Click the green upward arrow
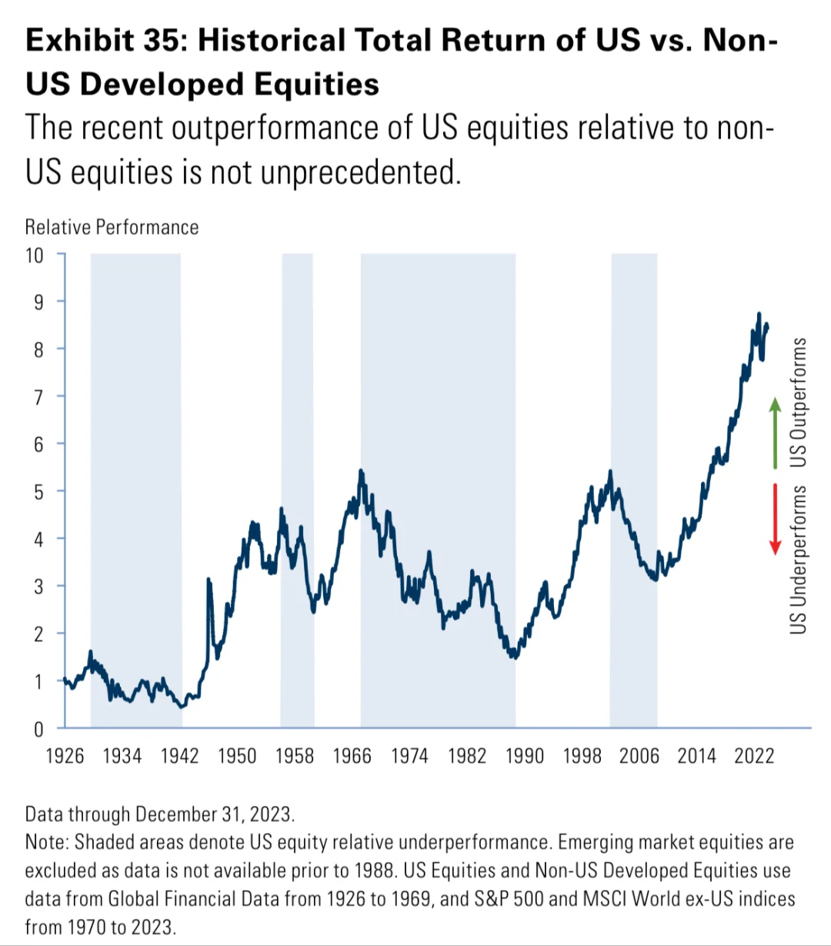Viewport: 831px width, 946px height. pos(776,433)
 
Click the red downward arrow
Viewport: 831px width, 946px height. pos(776,519)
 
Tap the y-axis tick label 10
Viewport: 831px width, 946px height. pos(35,255)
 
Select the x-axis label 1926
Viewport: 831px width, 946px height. pos(65,756)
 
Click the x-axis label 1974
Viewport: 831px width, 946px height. pos(409,756)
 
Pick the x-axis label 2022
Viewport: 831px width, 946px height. pos(754,756)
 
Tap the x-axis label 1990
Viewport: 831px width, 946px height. pos(524,756)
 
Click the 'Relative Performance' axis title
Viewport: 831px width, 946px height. pos(112,227)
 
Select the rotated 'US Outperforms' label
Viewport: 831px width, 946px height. pos(799,402)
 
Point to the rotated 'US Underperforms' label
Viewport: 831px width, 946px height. pos(799,560)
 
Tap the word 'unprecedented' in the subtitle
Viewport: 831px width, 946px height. pos(359,172)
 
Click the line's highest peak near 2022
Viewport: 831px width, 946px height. pos(759,314)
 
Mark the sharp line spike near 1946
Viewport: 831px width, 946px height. pos(209,580)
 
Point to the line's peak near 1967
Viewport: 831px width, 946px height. pos(361,471)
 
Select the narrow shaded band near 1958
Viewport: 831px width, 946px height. pos(297,490)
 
